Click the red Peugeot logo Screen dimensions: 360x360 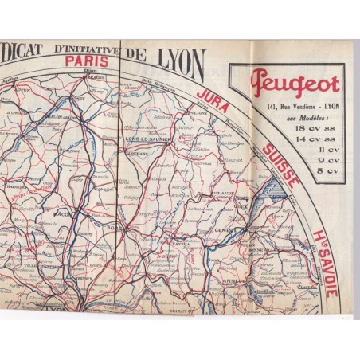[x=295, y=84]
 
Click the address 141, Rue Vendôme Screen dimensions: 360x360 [x=275, y=104]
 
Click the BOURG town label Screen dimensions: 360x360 [x=112, y=226]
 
